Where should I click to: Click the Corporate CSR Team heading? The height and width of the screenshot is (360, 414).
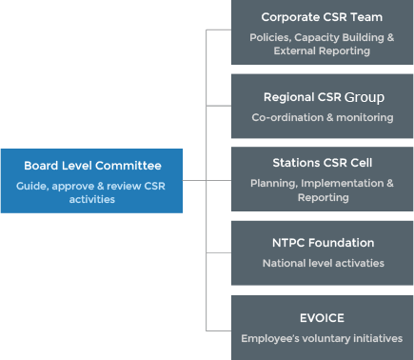coord(322,17)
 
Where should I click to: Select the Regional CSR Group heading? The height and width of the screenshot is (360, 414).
coord(322,97)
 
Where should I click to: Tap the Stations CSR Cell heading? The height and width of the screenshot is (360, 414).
coord(322,163)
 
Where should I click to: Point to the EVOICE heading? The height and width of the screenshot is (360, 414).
coord(322,318)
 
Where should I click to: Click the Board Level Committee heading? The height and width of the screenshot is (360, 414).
coord(92,165)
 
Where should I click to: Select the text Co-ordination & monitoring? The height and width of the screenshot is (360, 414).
coord(322,117)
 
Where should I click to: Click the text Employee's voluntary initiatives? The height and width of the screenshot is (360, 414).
coord(322,338)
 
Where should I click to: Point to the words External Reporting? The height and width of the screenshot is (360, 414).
coord(322,51)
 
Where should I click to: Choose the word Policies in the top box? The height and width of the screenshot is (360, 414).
coord(270,37)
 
